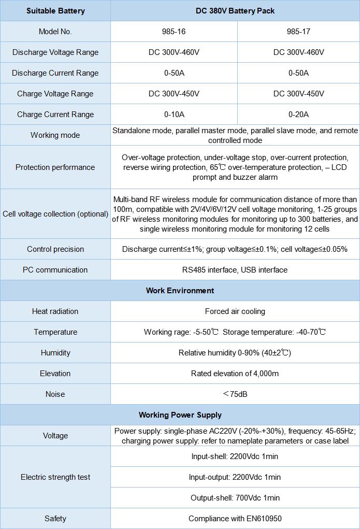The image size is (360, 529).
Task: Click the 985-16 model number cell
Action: click(174, 32)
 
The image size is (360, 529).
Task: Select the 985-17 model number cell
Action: click(298, 32)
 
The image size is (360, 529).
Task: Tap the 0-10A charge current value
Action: click(174, 115)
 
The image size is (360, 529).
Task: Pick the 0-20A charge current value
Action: click(298, 115)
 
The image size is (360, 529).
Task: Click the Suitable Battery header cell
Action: click(55, 11)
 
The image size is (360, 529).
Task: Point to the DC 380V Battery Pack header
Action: click(235, 11)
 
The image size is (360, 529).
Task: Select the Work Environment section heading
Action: click(180, 291)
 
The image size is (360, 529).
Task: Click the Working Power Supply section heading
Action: click(180, 415)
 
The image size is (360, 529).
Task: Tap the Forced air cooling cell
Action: click(235, 311)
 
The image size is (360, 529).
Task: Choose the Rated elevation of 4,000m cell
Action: click(235, 374)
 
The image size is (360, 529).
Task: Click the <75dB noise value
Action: click(235, 394)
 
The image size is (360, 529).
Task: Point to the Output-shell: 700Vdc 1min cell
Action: click(235, 498)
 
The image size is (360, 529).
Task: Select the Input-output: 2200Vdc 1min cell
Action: click(235, 477)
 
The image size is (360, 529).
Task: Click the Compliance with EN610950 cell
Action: click(235, 519)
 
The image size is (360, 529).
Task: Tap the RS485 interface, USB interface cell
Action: click(235, 270)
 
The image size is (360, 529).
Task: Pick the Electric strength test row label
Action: click(55, 477)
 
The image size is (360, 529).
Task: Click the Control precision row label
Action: click(55, 249)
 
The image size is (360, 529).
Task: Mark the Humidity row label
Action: click(55, 353)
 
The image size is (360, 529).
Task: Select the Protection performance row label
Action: click(55, 167)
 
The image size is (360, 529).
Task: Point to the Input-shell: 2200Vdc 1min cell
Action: click(235, 456)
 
